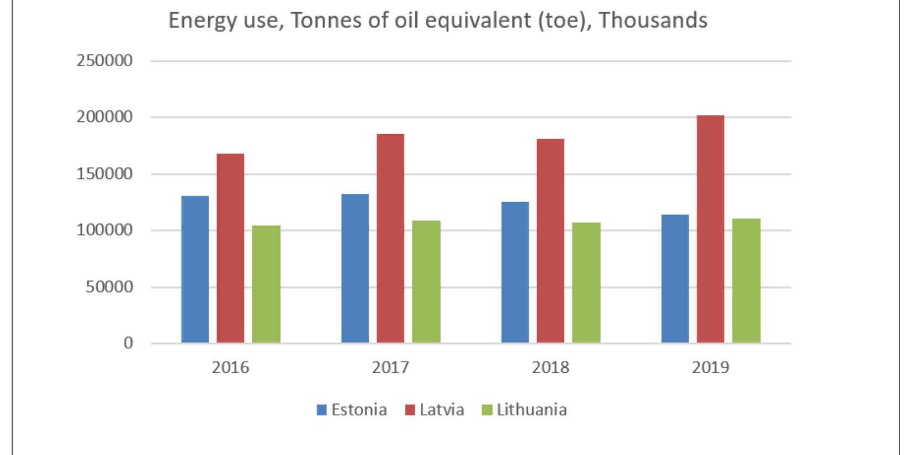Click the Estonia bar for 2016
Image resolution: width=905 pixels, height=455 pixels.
click(x=195, y=269)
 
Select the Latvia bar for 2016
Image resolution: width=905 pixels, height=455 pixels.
click(x=230, y=248)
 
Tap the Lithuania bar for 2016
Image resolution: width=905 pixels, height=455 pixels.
click(x=266, y=284)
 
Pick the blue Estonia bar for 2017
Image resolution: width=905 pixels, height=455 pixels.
click(x=355, y=268)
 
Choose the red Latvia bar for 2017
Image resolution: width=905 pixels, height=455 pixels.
click(x=390, y=239)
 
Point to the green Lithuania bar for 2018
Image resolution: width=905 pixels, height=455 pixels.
click(x=586, y=283)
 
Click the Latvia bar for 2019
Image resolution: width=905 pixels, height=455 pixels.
click(x=710, y=229)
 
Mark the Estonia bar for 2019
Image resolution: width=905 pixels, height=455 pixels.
click(x=675, y=279)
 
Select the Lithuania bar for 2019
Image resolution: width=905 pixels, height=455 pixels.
click(x=746, y=281)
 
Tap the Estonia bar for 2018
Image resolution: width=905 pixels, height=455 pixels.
click(x=515, y=273)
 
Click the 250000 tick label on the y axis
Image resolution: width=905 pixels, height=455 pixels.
click(x=105, y=61)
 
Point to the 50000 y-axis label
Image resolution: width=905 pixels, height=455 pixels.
click(x=109, y=287)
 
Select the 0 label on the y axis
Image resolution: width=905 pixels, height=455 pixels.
click(x=128, y=343)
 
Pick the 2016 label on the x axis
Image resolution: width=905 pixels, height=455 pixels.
click(x=230, y=367)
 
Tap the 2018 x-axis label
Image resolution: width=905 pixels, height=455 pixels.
click(x=551, y=367)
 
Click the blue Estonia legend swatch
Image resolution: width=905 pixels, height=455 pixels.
click(x=321, y=410)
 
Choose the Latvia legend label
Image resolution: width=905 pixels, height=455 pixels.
click(x=442, y=410)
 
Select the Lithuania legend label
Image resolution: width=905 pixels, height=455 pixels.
click(x=531, y=410)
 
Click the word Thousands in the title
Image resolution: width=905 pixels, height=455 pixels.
click(x=653, y=20)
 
